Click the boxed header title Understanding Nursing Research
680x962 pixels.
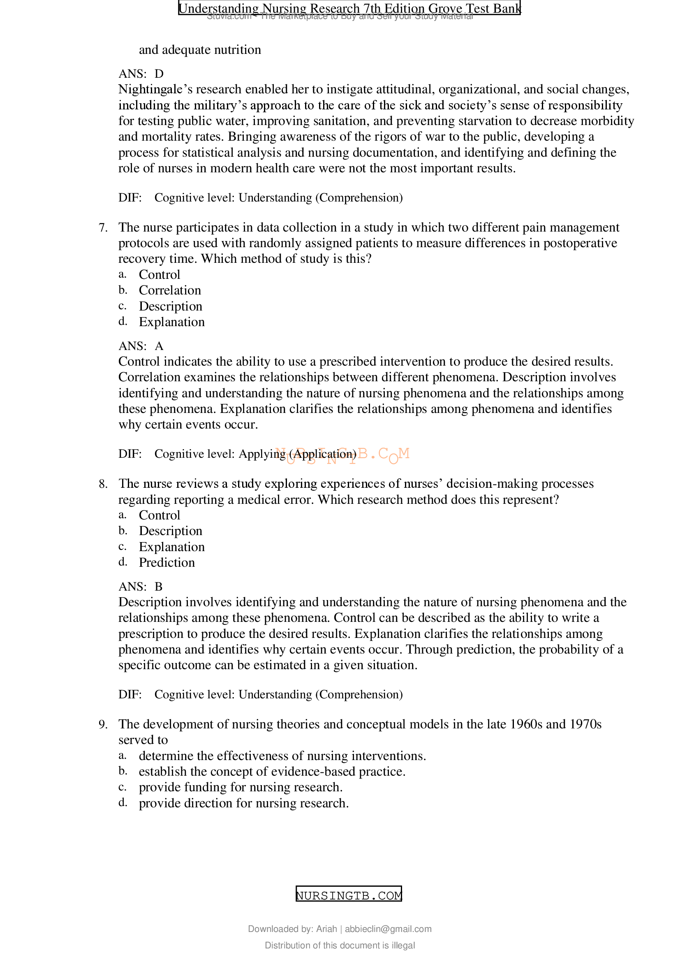coord(349,8)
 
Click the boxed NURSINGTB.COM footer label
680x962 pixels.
coord(348,895)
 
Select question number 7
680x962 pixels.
coord(103,227)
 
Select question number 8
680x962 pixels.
coord(103,484)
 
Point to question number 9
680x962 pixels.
coord(103,724)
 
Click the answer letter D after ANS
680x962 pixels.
coord(159,74)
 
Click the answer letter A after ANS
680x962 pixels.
coord(159,346)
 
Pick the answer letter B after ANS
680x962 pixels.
coord(159,586)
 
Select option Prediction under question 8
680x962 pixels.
coord(167,563)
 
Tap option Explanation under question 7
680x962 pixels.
coord(172,322)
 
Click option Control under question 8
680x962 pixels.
coord(159,515)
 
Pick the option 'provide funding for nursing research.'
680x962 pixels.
coord(241,787)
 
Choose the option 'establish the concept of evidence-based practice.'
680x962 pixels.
coord(272,772)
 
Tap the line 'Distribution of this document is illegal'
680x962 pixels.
coord(340,945)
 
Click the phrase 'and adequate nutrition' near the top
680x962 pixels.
coord(200,50)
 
